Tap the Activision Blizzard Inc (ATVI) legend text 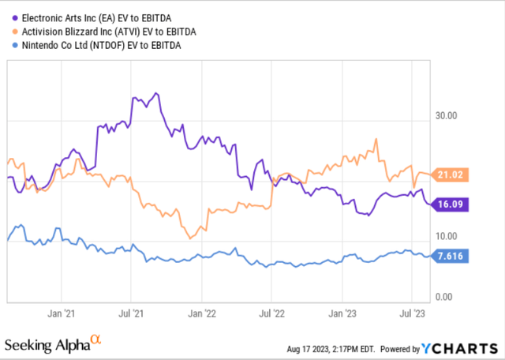(x=104, y=31)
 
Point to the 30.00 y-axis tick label (x=447, y=115)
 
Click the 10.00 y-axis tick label (x=447, y=236)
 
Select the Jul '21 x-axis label (x=132, y=312)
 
